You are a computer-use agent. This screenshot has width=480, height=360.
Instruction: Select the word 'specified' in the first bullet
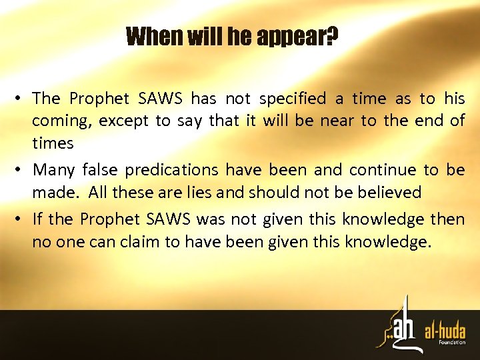click(293, 99)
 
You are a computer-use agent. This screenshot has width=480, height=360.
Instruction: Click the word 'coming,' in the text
click(61, 121)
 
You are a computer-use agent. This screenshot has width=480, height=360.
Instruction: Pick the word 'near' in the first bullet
click(337, 121)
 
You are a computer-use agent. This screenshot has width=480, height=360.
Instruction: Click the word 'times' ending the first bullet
click(53, 143)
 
